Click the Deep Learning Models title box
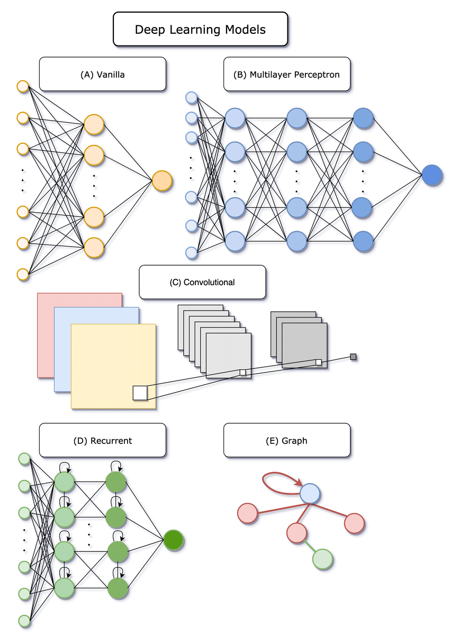tap(201, 29)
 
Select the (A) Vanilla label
tap(102, 74)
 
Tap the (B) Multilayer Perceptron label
tap(286, 74)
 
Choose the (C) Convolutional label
tap(202, 282)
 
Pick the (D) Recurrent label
tap(102, 440)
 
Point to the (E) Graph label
tap(286, 440)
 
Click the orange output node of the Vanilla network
tap(162, 180)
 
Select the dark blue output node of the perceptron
tap(432, 175)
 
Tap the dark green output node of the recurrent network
tap(173, 540)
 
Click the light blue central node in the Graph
tap(310, 494)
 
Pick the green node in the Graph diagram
tap(322, 559)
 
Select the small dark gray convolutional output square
tap(353, 357)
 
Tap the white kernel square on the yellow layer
tap(140, 393)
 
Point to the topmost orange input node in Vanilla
tap(23, 86)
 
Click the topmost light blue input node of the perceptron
tap(192, 97)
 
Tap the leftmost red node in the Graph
tap(248, 513)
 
